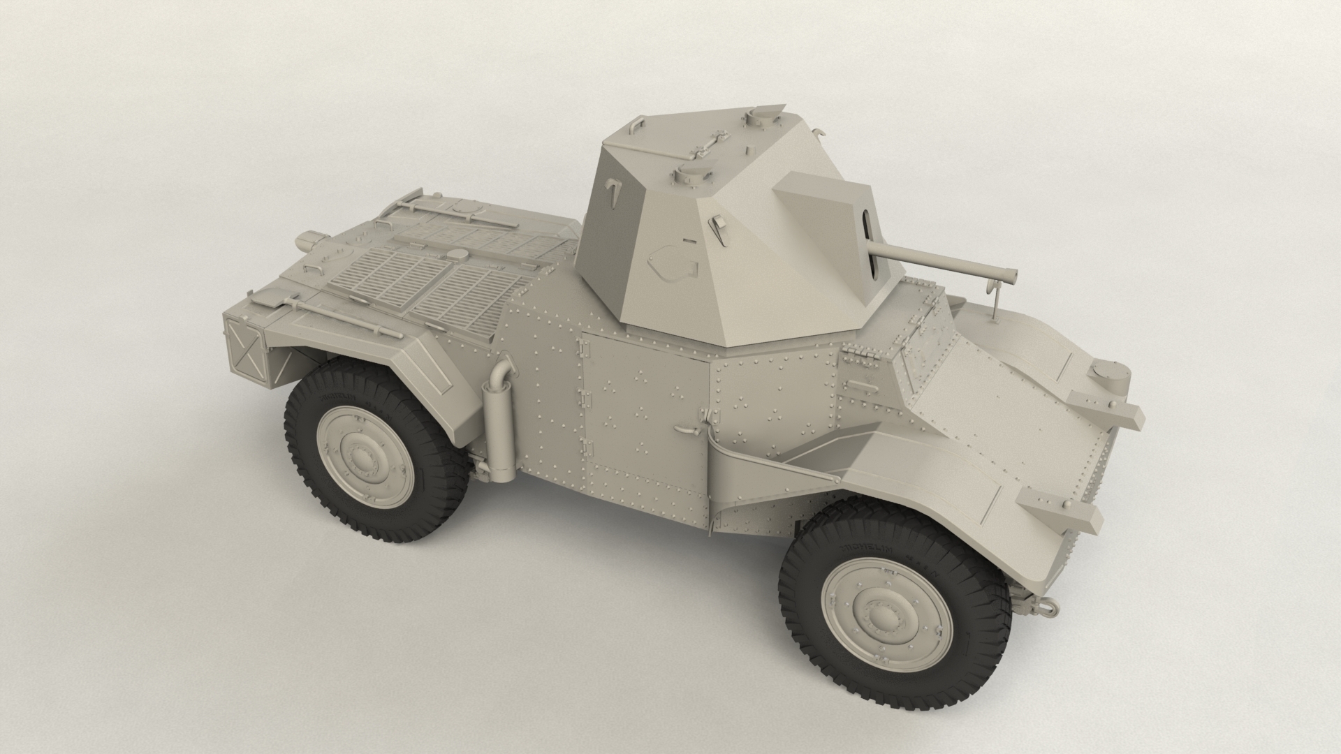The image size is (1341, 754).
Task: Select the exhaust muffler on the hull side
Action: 499,427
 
